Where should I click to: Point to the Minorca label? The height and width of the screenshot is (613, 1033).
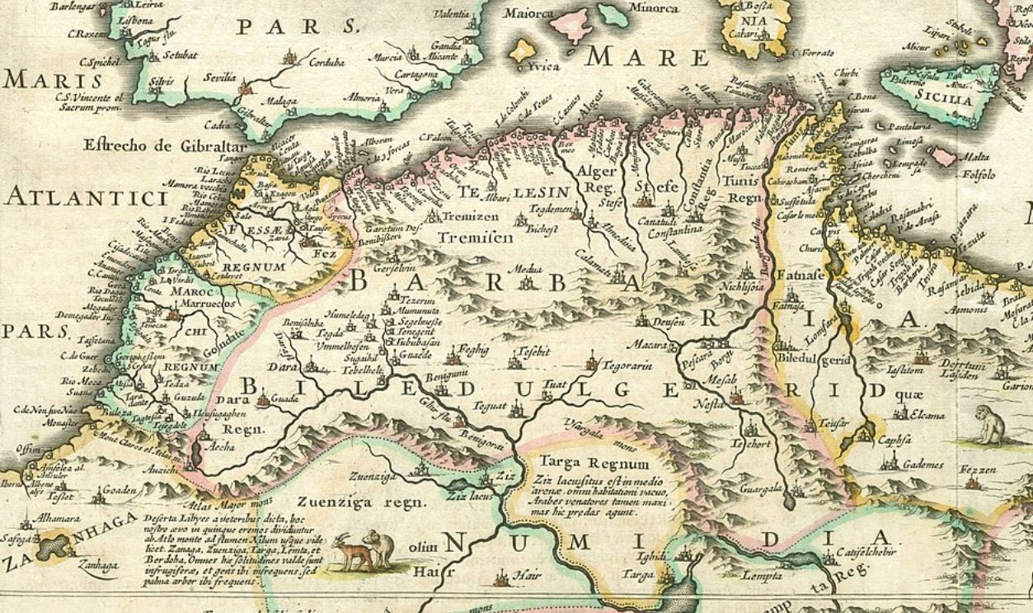(x=655, y=9)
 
